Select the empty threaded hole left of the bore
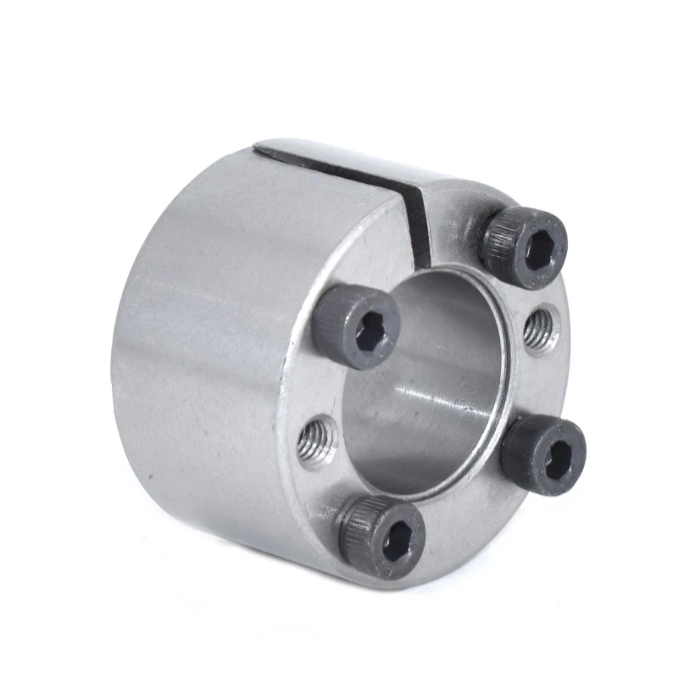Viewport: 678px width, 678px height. coord(318,441)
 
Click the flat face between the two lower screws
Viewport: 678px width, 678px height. coord(475,517)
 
